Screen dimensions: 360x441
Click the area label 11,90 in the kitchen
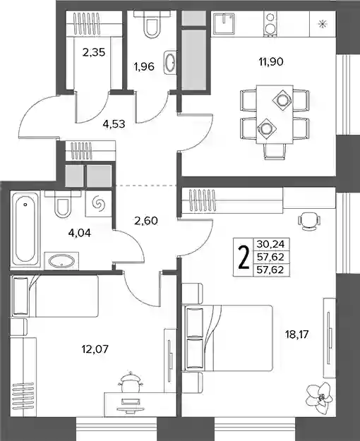coord(271,61)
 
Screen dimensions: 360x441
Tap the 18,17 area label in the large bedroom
coord(296,334)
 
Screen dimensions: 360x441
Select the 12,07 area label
coord(95,349)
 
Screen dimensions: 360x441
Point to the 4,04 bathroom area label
coord(80,233)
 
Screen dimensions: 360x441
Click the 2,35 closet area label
coord(94,52)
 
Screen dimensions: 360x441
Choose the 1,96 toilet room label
coord(144,66)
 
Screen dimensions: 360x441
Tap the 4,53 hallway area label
coord(114,123)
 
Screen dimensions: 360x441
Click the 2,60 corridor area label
coord(146,221)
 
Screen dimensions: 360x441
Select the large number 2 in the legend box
coord(244,258)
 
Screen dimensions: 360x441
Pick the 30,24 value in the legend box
coord(270,244)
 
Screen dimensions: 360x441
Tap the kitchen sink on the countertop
coord(224,23)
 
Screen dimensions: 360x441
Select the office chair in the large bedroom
coord(308,221)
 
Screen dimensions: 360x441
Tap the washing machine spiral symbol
coord(99,203)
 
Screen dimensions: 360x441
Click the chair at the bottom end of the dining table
coord(275,152)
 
